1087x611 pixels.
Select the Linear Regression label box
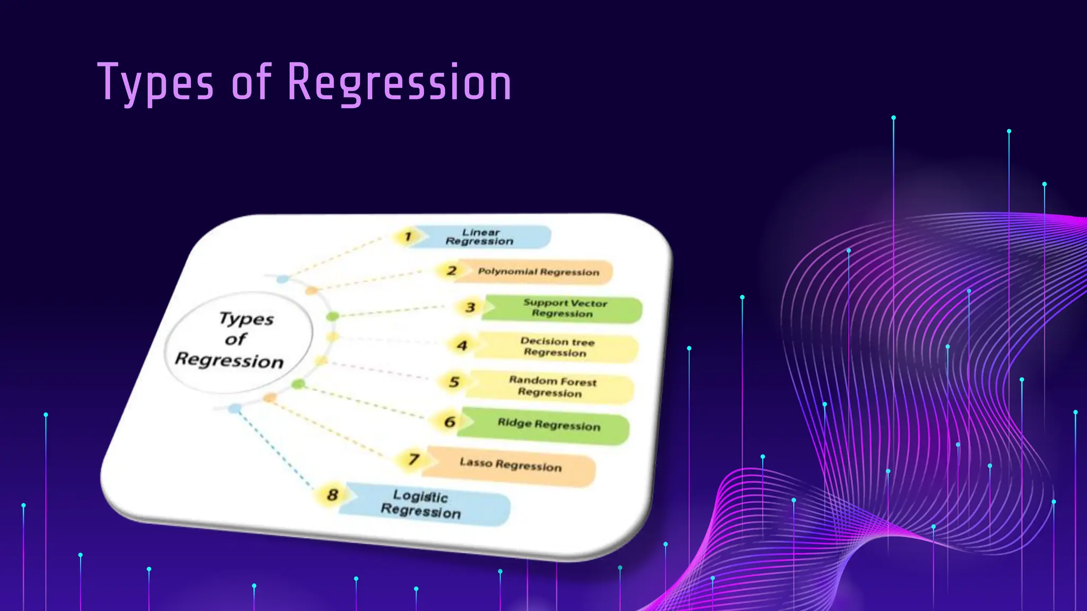coord(480,237)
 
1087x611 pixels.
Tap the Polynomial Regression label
coord(538,272)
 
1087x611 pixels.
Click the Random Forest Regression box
coord(552,387)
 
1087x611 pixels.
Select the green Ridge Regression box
coord(548,425)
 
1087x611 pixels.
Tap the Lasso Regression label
coord(510,465)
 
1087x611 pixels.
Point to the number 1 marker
coord(408,237)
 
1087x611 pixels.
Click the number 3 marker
coord(470,308)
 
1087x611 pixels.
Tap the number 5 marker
coord(454,382)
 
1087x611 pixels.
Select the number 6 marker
coord(450,422)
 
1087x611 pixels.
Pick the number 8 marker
coord(332,495)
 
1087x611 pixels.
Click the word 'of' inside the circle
coord(235,339)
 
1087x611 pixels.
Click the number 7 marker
coord(413,459)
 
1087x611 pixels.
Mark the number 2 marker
coord(451,271)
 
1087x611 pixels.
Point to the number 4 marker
coord(462,346)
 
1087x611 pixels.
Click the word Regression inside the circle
coord(229,361)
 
